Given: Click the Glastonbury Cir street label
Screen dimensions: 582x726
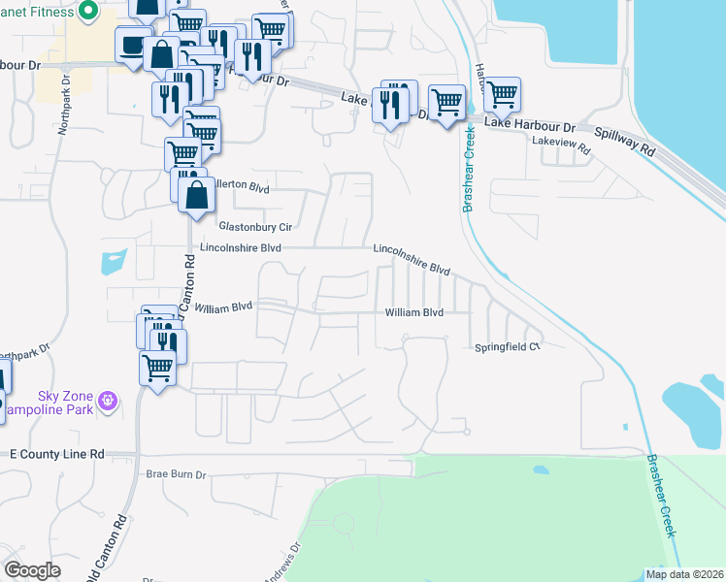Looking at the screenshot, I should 255,226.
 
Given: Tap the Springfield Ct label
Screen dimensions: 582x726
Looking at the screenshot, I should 506,347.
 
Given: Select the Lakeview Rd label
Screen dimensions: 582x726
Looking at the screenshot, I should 561,148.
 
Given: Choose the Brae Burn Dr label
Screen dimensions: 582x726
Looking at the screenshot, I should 177,474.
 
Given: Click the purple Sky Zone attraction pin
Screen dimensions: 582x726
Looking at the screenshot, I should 107,399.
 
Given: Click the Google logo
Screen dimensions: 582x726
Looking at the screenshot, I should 33,570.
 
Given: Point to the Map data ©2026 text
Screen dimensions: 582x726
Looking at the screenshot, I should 683,574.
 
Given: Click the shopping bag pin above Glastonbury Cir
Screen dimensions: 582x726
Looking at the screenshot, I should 196,193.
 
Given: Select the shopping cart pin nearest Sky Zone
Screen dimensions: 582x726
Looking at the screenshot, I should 157,368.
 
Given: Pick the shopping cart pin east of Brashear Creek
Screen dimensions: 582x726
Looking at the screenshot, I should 502,95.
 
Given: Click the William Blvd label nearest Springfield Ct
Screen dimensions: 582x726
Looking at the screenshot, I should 413,312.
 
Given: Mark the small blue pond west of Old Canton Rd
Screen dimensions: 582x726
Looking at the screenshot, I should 113,262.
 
